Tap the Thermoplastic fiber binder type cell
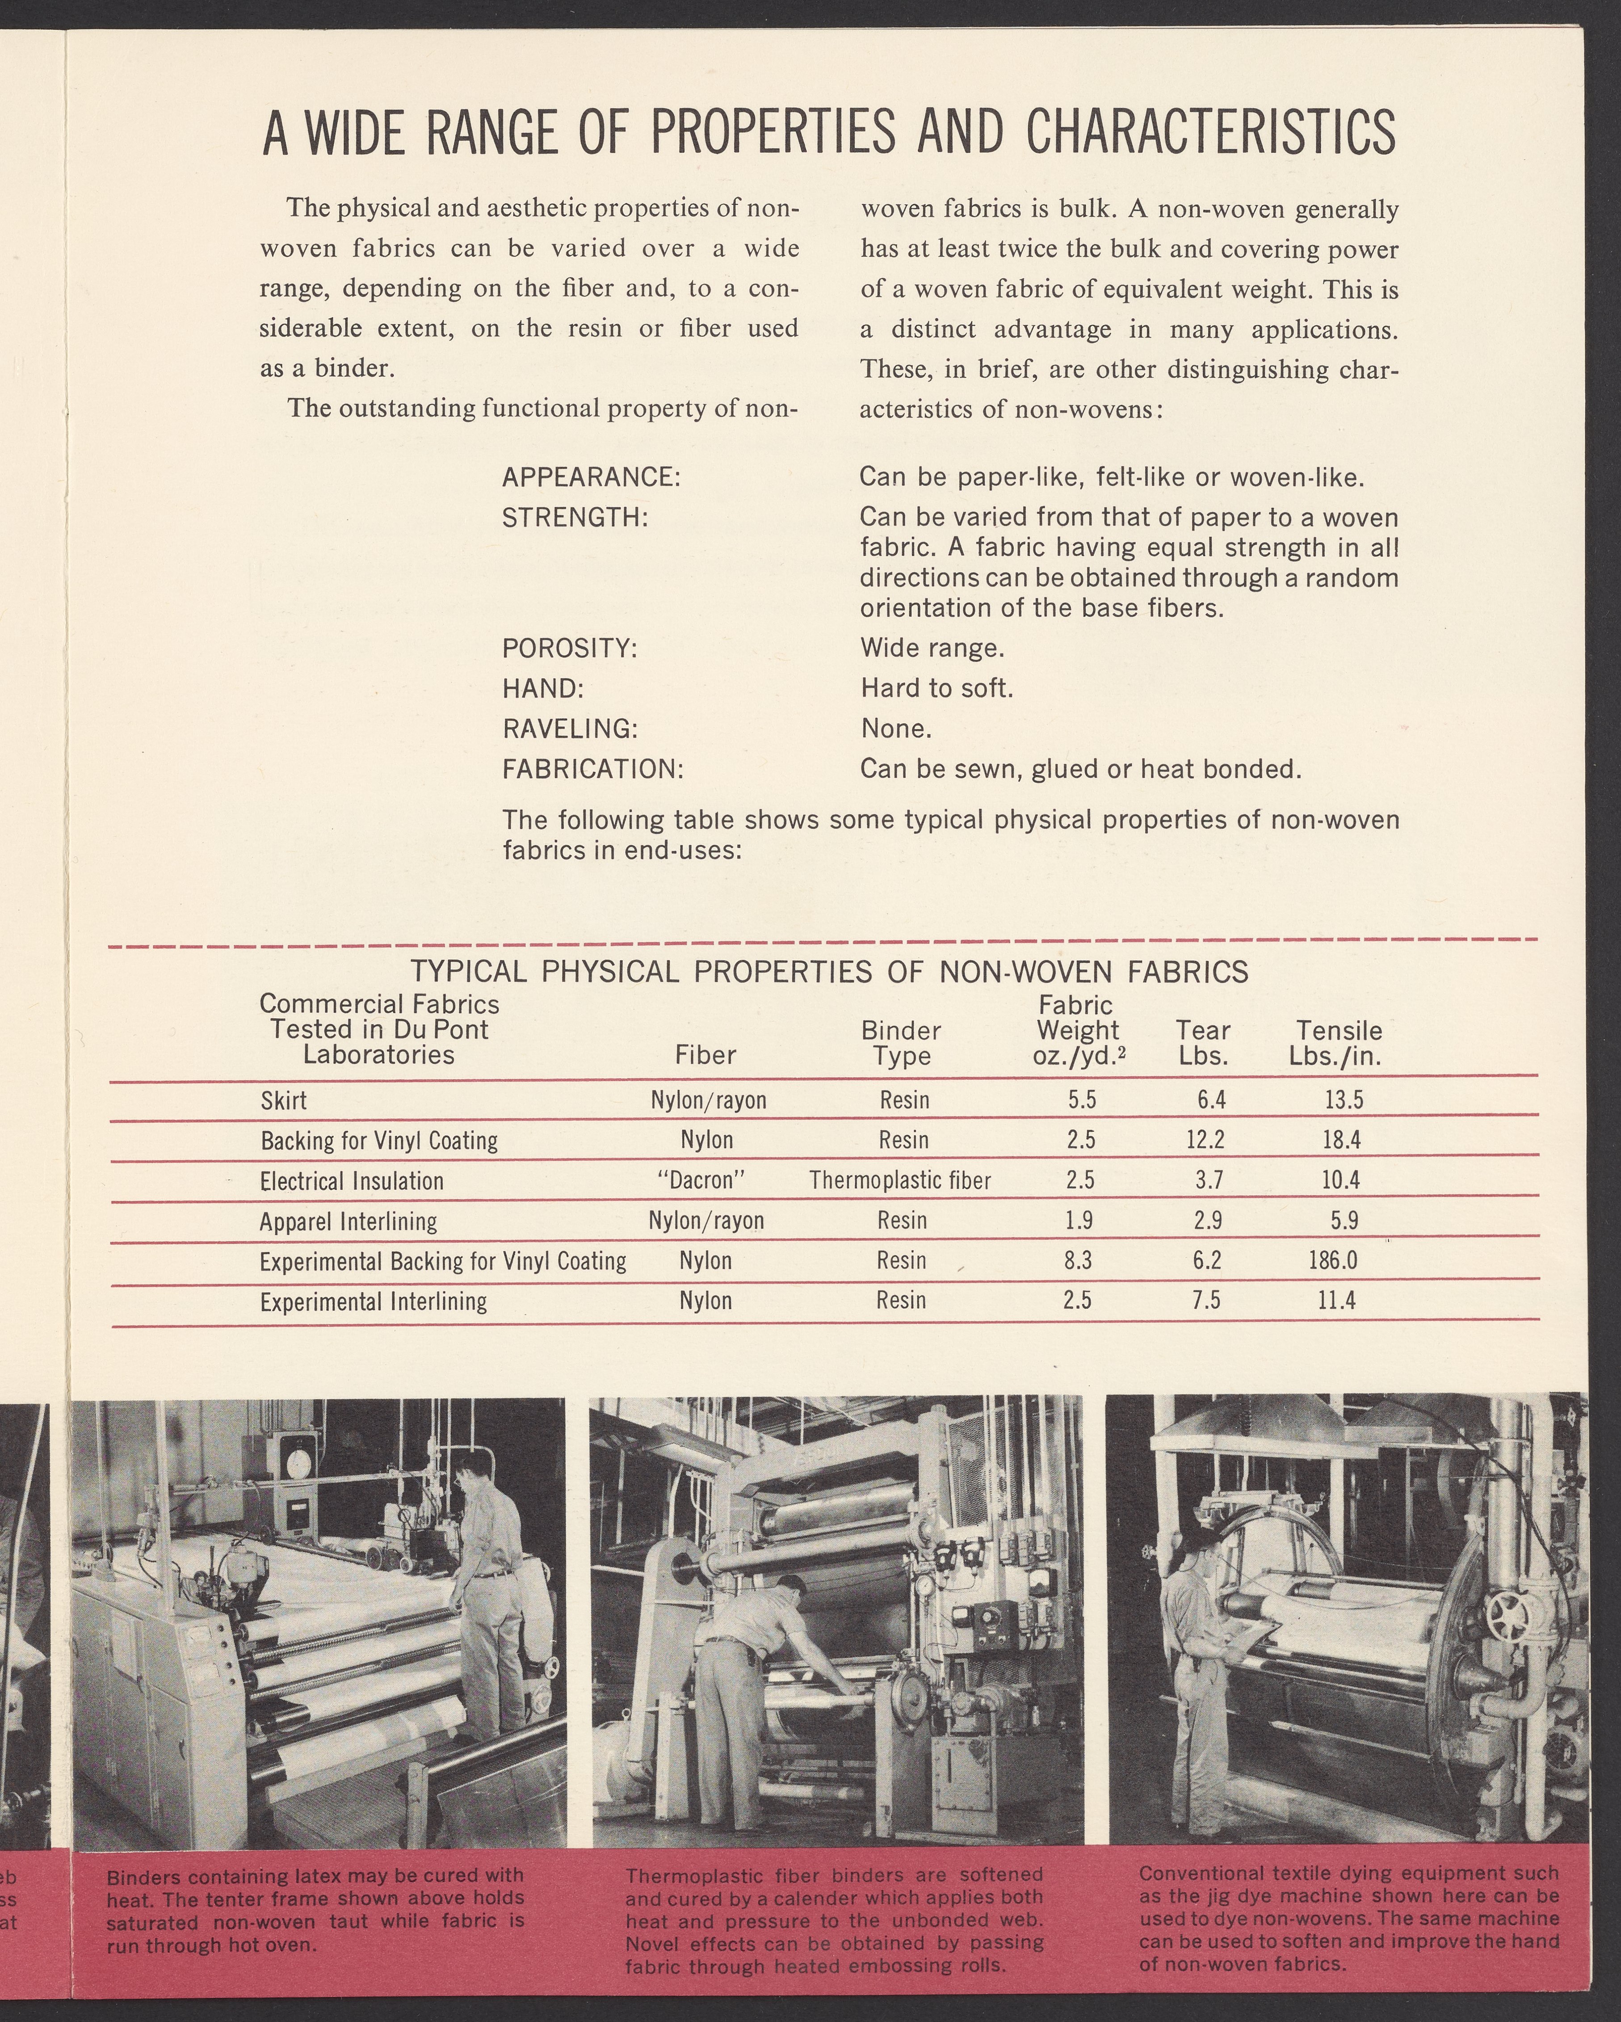[x=900, y=1180]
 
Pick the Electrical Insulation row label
[x=352, y=1180]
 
